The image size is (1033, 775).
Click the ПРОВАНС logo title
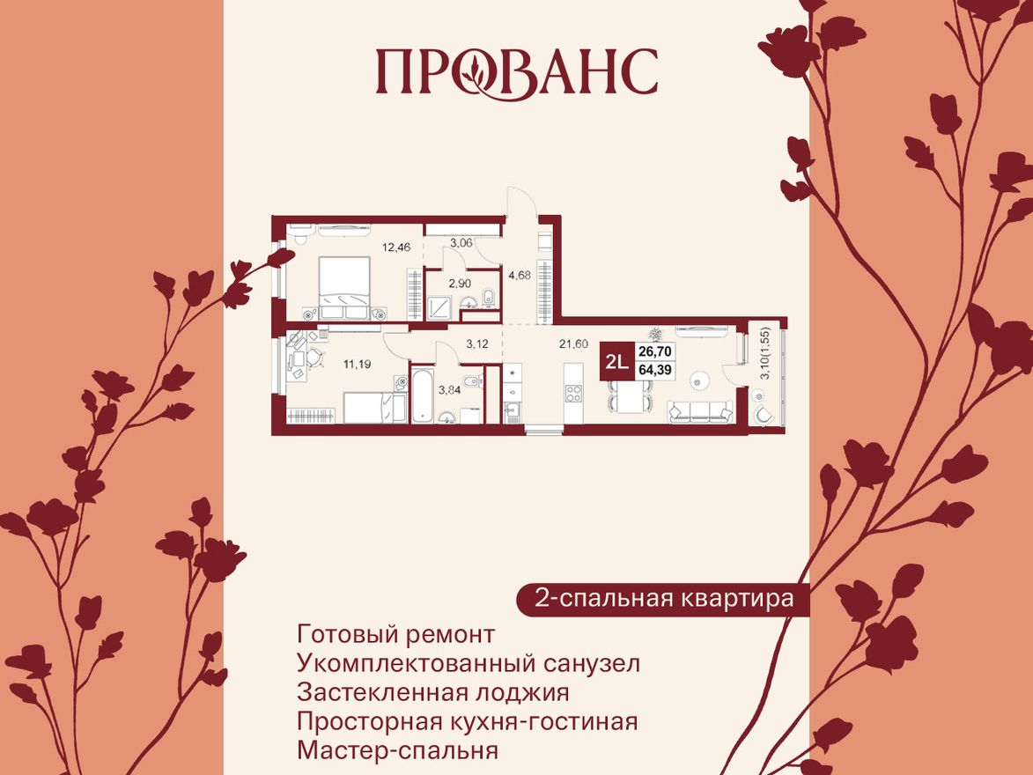coord(517,71)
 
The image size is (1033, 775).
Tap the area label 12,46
coord(396,246)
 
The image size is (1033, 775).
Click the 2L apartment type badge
coord(616,361)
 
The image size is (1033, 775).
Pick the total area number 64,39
coord(655,370)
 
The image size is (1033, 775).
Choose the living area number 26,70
coord(655,351)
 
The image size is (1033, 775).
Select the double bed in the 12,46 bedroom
coord(342,286)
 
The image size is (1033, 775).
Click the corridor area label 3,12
coord(477,343)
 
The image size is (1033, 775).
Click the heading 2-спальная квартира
coord(664,599)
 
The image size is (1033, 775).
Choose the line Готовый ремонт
coord(396,634)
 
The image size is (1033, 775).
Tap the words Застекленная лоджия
coord(433,692)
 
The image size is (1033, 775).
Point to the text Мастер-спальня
coord(398,751)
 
